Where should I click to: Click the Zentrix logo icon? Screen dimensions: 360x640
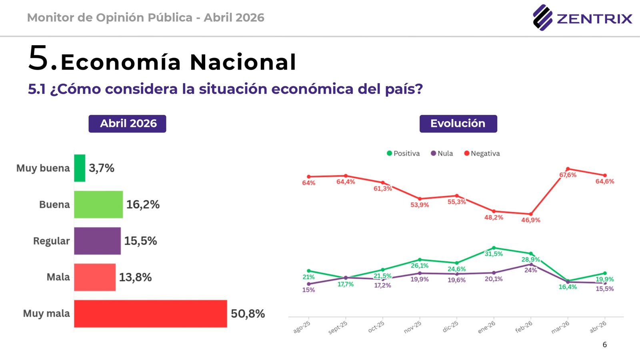(542, 18)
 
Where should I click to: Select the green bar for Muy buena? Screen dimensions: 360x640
(80, 168)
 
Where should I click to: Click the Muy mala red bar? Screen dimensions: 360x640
(150, 314)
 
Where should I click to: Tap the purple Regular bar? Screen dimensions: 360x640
(97, 241)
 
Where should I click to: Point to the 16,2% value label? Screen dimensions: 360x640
(143, 204)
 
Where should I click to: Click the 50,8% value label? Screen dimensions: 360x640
(248, 314)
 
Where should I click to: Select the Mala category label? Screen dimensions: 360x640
(58, 277)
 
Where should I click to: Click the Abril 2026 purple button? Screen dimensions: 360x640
(127, 124)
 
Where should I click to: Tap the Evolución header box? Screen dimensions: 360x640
(458, 124)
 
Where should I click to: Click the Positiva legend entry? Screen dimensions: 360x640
(403, 153)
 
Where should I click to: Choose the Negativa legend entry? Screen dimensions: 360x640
(482, 153)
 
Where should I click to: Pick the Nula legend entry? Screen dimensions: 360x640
(442, 153)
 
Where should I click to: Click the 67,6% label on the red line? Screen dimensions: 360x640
(568, 175)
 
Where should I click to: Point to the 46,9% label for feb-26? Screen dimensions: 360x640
(530, 220)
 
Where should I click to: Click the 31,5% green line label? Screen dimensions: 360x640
(494, 254)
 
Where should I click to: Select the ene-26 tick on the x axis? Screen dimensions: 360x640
(487, 327)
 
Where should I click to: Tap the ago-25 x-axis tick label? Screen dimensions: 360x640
(302, 327)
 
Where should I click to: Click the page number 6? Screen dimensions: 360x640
(604, 344)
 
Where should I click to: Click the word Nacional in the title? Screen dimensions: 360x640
(243, 62)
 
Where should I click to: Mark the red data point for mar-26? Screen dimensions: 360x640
(568, 169)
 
